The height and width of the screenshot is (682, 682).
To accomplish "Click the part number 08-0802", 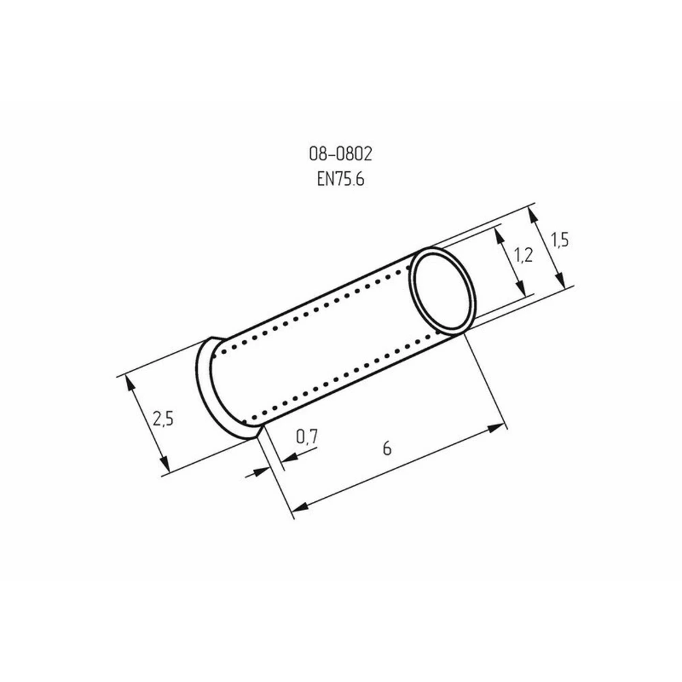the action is [340, 153].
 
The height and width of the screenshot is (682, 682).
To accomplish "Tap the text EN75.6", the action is [340, 178].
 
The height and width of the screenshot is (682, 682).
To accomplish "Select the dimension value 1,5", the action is [560, 239].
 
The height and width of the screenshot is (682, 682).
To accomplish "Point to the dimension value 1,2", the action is [523, 255].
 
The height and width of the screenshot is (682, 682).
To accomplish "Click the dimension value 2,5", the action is [163, 419].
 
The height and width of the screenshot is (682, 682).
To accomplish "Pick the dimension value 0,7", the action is [307, 436].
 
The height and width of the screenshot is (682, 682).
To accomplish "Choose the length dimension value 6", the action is [387, 447].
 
